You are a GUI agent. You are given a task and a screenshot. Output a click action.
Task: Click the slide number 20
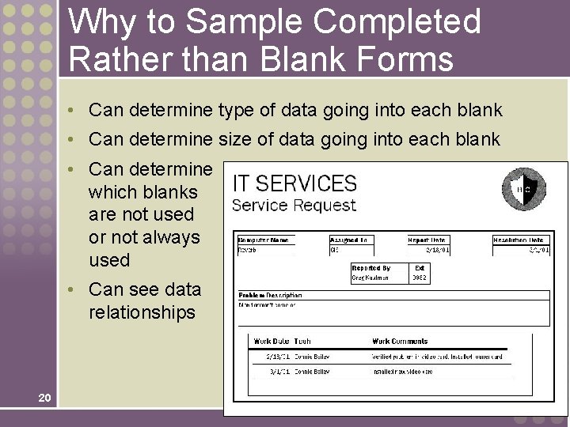pyautogui.click(x=44, y=397)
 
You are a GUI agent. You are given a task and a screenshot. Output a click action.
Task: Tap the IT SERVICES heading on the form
pyautogui.click(x=294, y=183)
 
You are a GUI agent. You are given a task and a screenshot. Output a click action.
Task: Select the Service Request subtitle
pyautogui.click(x=294, y=206)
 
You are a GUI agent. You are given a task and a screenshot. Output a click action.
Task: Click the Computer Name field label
pyautogui.click(x=264, y=240)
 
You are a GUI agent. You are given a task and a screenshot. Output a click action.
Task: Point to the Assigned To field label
pyautogui.click(x=349, y=240)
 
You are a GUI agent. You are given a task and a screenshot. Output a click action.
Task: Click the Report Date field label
pyautogui.click(x=427, y=240)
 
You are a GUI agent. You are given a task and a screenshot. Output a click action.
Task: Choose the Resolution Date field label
pyautogui.click(x=519, y=240)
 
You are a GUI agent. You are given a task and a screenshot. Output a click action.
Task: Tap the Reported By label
pyautogui.click(x=371, y=268)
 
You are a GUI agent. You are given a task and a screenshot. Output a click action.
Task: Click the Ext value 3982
pyautogui.click(x=420, y=278)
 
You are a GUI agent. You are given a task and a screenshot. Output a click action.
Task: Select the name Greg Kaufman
pyautogui.click(x=371, y=278)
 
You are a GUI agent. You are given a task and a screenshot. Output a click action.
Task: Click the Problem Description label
pyautogui.click(x=271, y=295)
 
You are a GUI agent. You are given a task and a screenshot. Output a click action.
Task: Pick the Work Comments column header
pyautogui.click(x=400, y=342)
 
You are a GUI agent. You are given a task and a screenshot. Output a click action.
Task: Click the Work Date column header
pyautogui.click(x=272, y=342)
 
